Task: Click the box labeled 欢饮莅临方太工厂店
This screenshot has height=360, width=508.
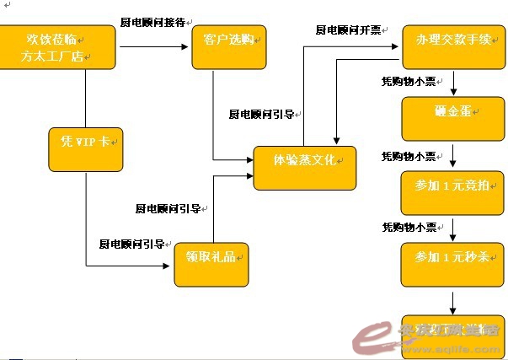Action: point(57,47)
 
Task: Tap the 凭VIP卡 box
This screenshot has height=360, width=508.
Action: point(85,148)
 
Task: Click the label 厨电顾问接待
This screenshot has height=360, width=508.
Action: point(152,22)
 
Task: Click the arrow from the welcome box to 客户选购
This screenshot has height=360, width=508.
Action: point(152,47)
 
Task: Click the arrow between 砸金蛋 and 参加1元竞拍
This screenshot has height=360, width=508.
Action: point(454,155)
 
